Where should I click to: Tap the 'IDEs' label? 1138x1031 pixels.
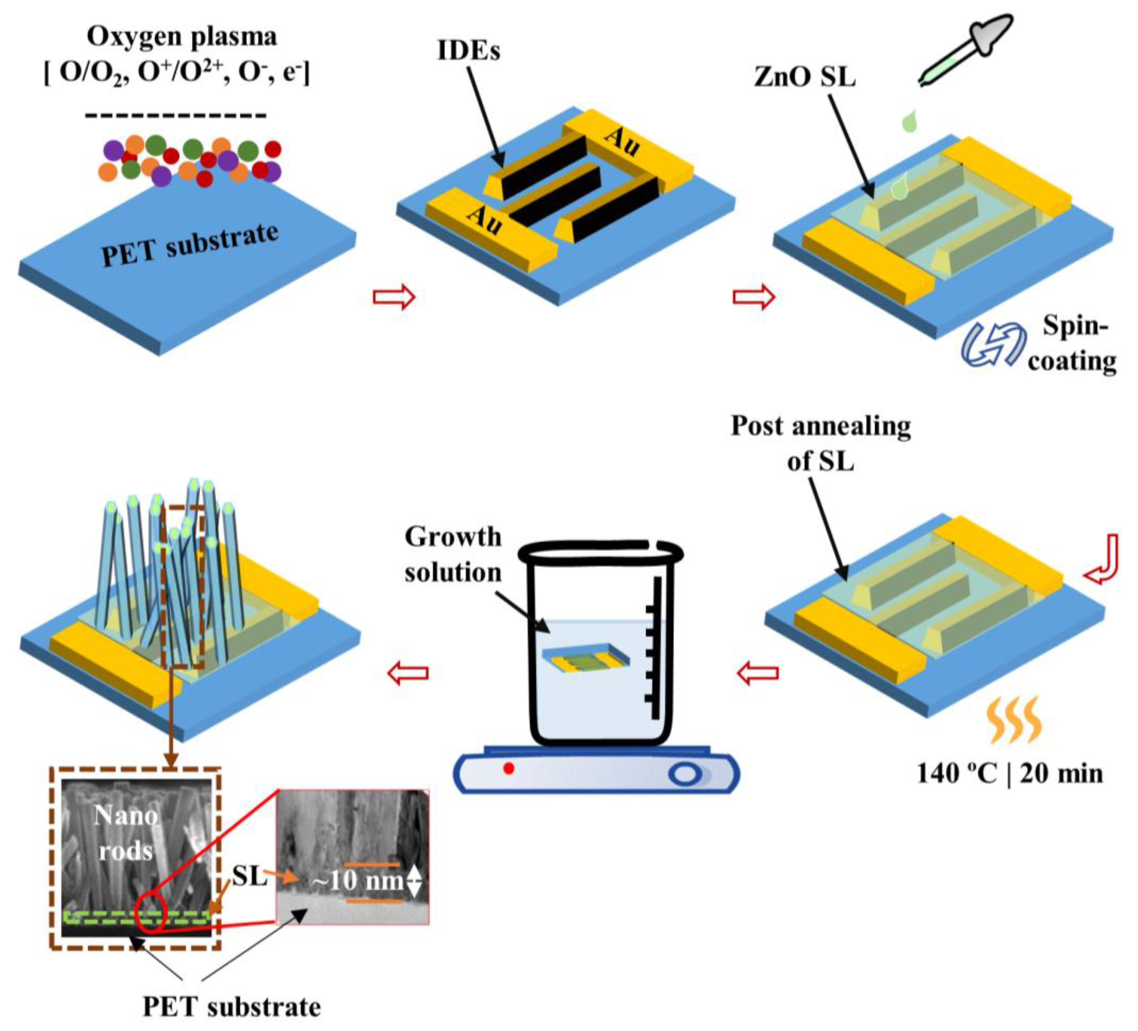coord(468,51)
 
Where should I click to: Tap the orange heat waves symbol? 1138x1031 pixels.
coord(1014,720)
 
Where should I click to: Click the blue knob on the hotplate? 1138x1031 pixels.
coord(685,774)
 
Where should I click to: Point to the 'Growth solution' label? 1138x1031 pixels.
coord(453,554)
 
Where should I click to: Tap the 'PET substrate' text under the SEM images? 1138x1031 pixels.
coord(232,1007)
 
